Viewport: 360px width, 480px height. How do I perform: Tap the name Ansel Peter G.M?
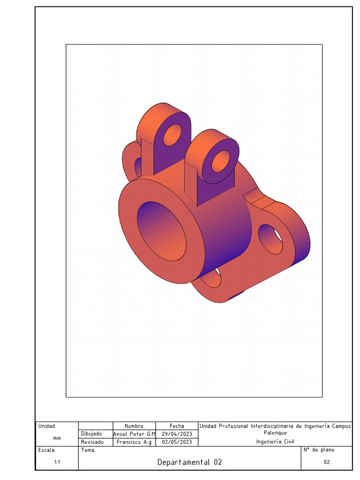point(134,434)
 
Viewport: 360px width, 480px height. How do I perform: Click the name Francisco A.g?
point(134,442)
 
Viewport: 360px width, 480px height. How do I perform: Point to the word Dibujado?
point(91,434)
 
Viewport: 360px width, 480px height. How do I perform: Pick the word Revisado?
point(92,442)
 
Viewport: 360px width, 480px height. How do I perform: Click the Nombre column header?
point(134,426)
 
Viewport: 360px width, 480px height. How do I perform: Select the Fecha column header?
point(177,426)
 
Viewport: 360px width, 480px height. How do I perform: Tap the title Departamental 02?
point(189,462)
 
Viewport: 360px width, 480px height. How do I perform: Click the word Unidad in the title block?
point(46,426)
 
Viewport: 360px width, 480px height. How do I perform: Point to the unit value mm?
point(57,438)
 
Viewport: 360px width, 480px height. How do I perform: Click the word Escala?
point(46,450)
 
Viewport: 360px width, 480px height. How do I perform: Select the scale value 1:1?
point(57,462)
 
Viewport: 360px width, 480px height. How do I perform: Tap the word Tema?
point(88,450)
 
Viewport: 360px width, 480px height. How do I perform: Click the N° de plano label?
point(319,450)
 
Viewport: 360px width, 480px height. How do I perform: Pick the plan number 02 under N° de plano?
point(327,462)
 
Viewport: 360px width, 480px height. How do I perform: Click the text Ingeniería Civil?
point(275,442)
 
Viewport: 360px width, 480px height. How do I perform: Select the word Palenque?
point(275,433)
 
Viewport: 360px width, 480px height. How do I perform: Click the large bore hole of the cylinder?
point(161,232)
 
